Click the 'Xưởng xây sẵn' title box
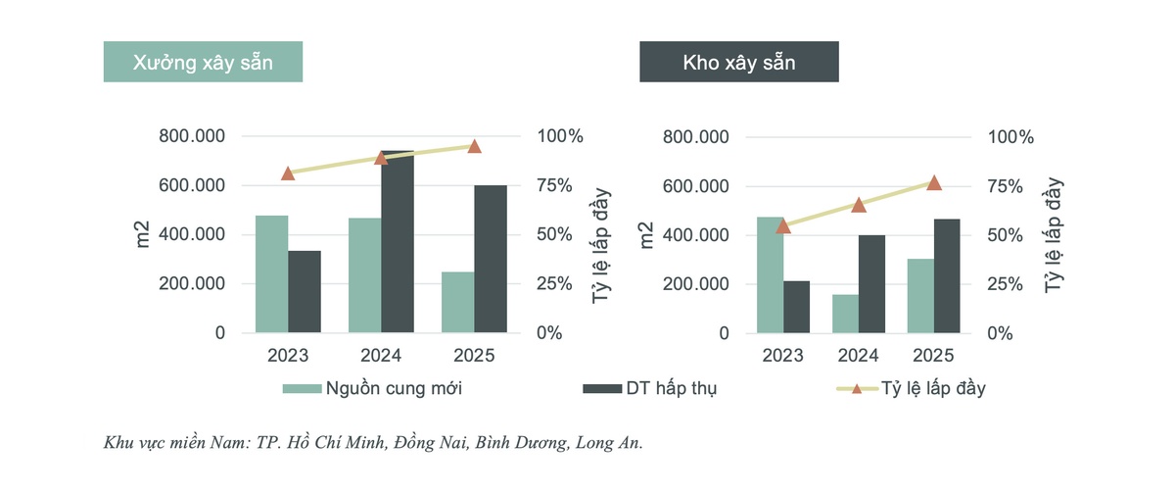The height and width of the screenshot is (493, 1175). (203, 64)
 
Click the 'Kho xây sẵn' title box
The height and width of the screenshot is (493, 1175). (738, 64)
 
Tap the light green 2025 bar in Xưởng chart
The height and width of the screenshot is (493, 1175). (457, 302)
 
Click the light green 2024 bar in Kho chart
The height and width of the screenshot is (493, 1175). (845, 314)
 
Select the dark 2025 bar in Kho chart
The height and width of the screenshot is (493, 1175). (948, 275)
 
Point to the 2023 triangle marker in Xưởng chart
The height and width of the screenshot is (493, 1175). (288, 173)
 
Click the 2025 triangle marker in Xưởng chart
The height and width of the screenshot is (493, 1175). (474, 146)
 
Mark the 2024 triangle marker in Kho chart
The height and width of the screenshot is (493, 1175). (859, 205)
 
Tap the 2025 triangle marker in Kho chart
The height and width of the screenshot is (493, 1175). (934, 183)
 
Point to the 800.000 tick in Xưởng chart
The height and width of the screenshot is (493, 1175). (192, 136)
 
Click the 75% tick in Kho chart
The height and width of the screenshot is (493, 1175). (1010, 186)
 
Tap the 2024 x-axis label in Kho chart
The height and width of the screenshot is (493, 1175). (859, 356)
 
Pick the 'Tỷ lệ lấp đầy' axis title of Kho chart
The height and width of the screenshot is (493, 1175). (1054, 235)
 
